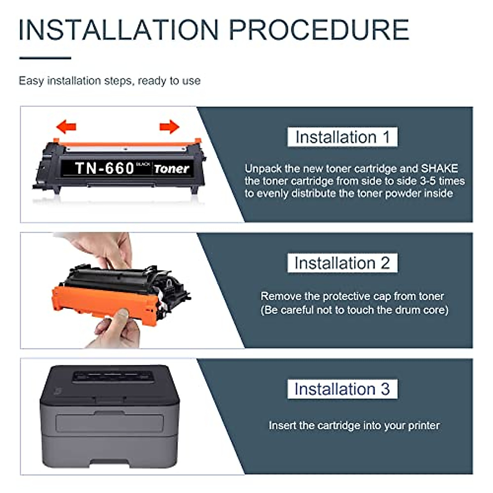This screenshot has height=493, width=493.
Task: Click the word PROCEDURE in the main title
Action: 318,30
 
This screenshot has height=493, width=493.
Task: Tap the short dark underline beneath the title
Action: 45,58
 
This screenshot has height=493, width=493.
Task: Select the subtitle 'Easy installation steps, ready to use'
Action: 110,81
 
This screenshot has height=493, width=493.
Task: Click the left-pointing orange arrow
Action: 66,127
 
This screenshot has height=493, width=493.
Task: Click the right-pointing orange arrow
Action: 169,127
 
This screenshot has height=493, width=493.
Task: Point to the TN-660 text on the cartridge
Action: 104,168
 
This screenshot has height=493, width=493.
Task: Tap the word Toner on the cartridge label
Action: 171,169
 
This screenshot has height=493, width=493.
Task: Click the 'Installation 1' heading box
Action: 342,137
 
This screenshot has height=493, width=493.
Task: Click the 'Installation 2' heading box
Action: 342,263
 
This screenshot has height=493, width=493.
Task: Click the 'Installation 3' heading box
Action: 342,389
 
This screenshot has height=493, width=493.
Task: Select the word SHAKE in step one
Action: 439,168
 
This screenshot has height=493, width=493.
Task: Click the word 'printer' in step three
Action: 424,425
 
